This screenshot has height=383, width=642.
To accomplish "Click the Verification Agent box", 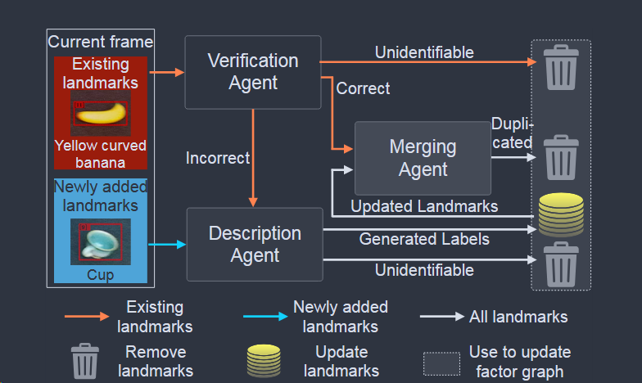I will point(252,72).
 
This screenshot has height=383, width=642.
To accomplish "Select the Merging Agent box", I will point(423,158).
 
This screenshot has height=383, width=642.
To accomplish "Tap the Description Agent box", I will point(254,244).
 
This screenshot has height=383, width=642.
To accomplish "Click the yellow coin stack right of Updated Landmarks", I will point(561,214).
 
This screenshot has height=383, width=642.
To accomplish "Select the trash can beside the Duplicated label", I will point(561,156).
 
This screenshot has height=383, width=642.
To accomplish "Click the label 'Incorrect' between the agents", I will point(217,157).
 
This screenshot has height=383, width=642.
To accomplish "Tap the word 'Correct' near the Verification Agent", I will point(363,88).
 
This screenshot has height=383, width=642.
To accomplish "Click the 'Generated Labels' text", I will point(424,239).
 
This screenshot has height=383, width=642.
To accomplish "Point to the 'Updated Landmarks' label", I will point(424,206).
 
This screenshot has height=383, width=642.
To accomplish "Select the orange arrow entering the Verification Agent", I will point(168,72).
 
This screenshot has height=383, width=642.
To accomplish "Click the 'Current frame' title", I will point(100,42).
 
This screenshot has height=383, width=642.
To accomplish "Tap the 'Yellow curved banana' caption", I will point(100,154).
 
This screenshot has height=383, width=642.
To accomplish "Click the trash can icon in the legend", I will point(85,361).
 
